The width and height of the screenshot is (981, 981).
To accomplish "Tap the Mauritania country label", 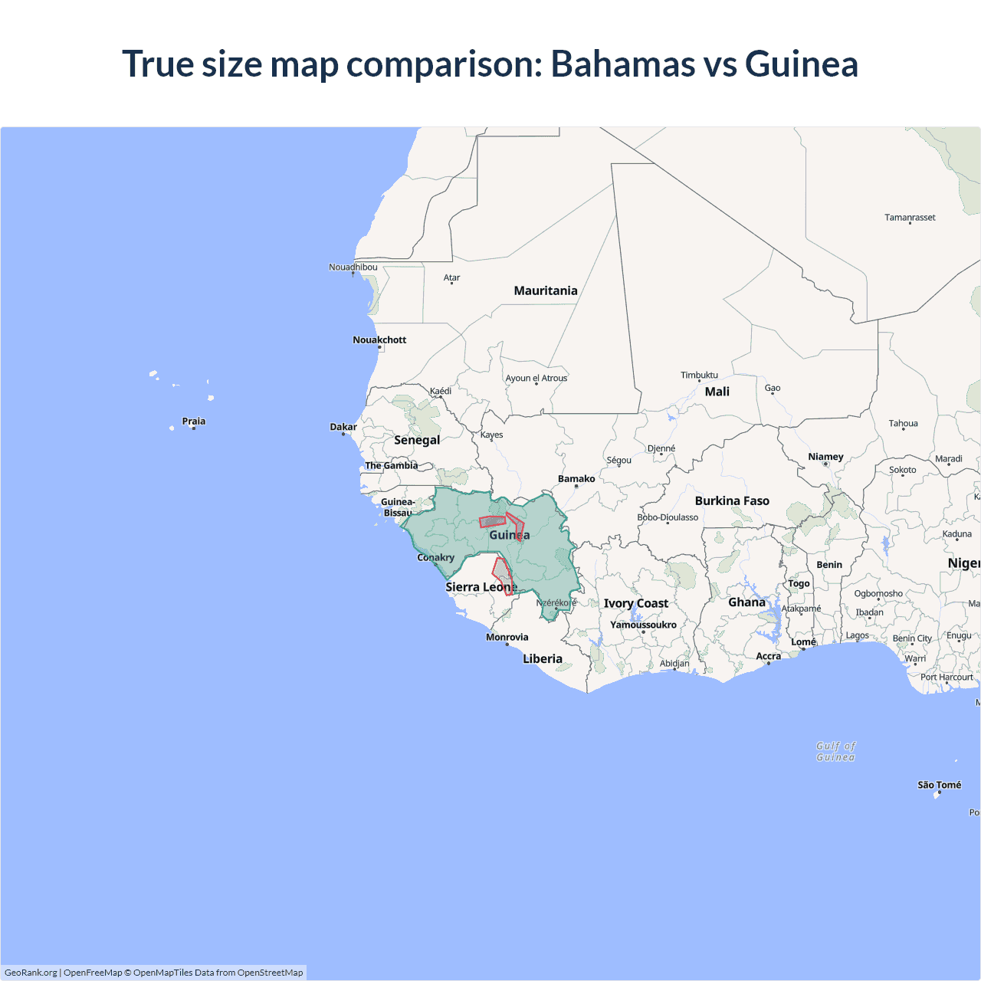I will [546, 290].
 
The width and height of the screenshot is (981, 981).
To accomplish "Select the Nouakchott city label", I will [379, 340].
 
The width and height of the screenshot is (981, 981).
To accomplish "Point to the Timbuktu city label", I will [699, 375].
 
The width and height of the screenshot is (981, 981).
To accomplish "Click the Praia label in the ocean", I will [193, 421].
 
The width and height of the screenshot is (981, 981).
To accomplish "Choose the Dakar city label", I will [343, 427].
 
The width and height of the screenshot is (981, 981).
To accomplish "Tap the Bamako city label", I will [576, 478].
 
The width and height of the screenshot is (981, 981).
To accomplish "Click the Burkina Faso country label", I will [732, 500].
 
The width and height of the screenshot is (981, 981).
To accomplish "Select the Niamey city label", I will [825, 457].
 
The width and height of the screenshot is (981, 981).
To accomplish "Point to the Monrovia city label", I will [507, 637].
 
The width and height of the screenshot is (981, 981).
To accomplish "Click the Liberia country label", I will [543, 658].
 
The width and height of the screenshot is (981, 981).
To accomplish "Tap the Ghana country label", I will [746, 602].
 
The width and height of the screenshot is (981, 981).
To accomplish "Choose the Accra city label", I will [768, 656].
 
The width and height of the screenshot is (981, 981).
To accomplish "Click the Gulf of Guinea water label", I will [835, 751].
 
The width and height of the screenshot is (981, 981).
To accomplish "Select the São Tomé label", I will [939, 785].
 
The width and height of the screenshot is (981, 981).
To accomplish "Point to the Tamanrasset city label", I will [910, 218].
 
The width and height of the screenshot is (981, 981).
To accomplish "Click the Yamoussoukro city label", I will [643, 625].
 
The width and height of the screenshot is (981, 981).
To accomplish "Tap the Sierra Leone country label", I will [481, 587].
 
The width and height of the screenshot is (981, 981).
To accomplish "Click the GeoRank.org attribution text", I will [31, 973].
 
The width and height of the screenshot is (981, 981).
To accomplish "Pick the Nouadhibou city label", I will [353, 267].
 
